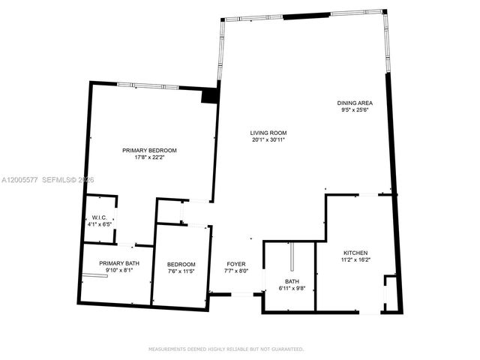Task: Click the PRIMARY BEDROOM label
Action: [149, 150]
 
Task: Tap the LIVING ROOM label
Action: [268, 133]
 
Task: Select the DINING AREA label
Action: [355, 103]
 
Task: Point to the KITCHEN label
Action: [355, 253]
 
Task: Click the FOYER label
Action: [236, 264]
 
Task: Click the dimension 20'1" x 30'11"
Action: [268, 140]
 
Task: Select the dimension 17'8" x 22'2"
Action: [149, 157]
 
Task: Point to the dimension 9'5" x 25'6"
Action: [355, 110]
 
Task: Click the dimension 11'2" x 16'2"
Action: [355, 260]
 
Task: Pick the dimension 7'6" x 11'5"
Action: [181, 271]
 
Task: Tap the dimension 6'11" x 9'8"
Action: [292, 289]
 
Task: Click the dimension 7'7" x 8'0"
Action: [236, 271]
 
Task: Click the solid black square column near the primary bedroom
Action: [210, 95]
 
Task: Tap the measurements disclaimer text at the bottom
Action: [226, 349]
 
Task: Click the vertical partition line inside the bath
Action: [292, 259]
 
